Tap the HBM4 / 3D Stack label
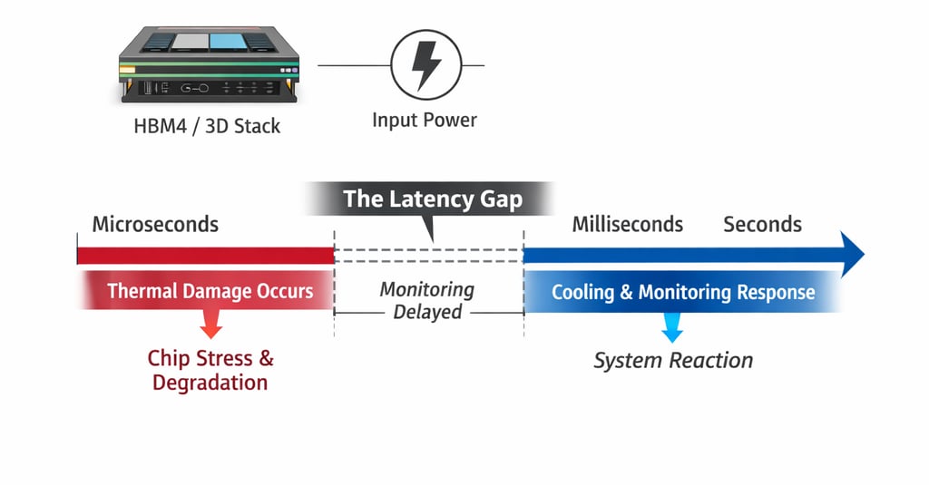207,125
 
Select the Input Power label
425,120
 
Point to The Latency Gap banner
433,199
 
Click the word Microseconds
155,224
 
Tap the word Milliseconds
627,224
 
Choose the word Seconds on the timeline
762,224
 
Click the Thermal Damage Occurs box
210,292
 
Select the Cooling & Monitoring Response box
683,293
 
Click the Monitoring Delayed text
427,301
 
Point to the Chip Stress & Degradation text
210,370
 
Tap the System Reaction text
673,360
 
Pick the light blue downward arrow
672,327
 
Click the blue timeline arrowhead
851,255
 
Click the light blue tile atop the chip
222,41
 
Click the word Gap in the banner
500,199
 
